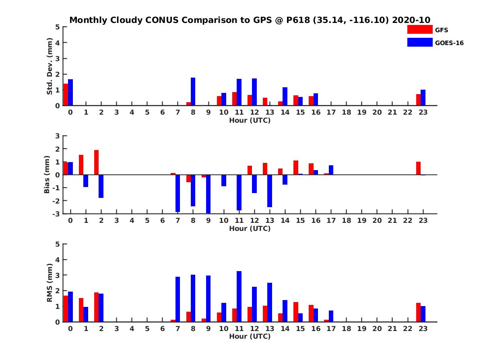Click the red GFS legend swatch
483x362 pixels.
point(420,29)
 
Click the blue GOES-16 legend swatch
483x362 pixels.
point(420,42)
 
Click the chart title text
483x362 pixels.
point(250,20)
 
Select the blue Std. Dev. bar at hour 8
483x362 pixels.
point(193,92)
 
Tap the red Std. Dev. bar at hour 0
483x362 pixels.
point(66,95)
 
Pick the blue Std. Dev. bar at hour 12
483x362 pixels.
point(254,92)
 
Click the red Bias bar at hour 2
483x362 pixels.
point(97,162)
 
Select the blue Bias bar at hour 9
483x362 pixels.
point(208,194)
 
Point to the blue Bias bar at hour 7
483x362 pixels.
point(178,193)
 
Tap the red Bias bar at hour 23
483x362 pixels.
point(418,168)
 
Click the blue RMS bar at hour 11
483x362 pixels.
point(239,296)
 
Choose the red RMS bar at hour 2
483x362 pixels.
point(97,307)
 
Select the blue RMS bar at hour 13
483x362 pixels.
point(269,302)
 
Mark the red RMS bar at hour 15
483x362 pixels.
point(295,312)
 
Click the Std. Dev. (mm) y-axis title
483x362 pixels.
point(50,66)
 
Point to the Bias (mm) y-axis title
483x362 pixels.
point(47,175)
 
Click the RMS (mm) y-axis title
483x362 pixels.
point(50,283)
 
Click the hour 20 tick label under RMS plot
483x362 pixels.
point(377,329)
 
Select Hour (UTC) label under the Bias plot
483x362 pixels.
point(250,228)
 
